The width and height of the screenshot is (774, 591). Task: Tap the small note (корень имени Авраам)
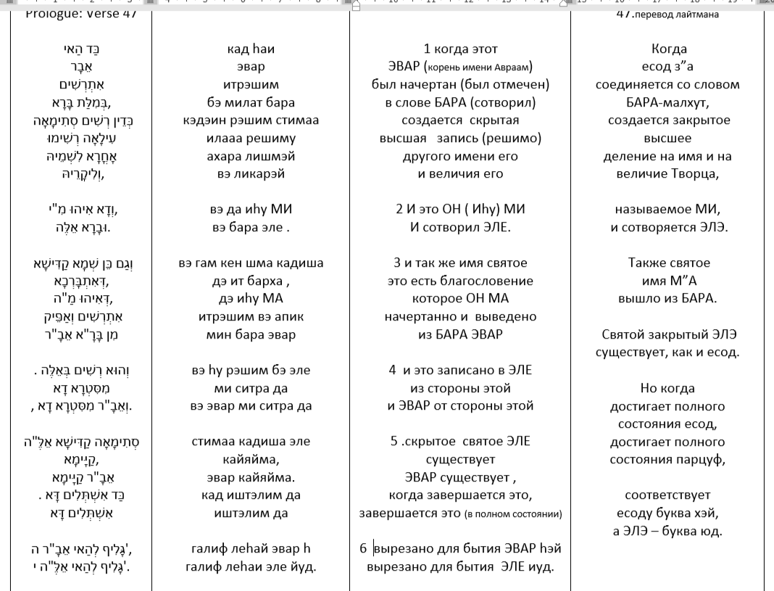(493, 68)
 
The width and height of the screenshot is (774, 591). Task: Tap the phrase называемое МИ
(669, 210)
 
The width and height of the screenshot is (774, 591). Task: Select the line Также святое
(669, 263)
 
